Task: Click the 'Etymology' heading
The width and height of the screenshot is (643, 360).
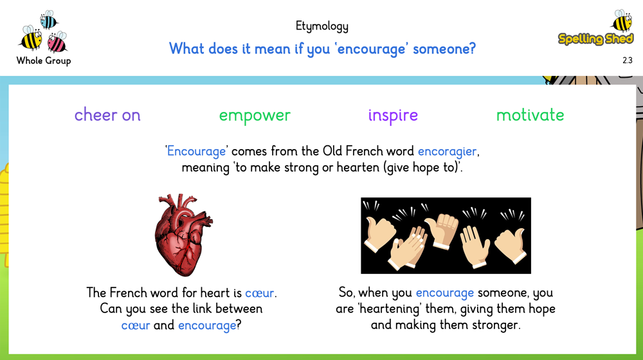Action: tap(322, 26)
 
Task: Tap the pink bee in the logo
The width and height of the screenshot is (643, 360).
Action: tap(57, 42)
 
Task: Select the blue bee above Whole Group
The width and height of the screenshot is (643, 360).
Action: tap(49, 20)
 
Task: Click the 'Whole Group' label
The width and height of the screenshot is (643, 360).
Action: tap(44, 60)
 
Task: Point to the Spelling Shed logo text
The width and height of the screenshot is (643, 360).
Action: tap(596, 39)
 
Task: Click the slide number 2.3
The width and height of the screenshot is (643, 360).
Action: tap(628, 60)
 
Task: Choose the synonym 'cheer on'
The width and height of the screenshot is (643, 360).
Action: tap(107, 115)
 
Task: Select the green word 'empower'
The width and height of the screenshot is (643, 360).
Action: tap(255, 116)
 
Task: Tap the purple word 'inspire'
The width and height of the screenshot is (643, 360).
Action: tap(393, 115)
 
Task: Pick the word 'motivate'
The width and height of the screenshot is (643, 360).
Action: tap(530, 115)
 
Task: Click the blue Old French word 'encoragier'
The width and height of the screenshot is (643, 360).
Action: tap(447, 151)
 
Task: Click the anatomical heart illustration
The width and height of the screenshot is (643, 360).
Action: tap(183, 235)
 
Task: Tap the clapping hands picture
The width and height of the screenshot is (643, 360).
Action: tap(446, 236)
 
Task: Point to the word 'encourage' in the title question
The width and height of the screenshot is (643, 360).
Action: tap(371, 50)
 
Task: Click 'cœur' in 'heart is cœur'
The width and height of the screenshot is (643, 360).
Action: tap(260, 293)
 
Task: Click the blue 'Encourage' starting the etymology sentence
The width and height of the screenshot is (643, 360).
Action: tap(196, 151)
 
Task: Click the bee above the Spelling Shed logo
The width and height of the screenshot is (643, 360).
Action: tap(622, 21)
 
